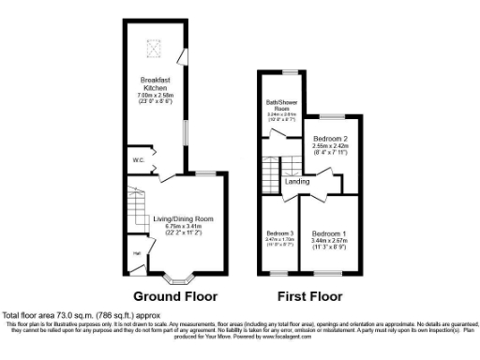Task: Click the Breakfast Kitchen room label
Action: (x=155, y=83)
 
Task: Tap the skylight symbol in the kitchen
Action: (x=157, y=44)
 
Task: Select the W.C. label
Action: (x=138, y=160)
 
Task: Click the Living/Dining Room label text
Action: (x=178, y=219)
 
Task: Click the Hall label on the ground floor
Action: (x=137, y=253)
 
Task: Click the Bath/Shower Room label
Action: (x=281, y=106)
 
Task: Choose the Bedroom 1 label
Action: (x=329, y=232)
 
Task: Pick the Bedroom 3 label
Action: (x=279, y=232)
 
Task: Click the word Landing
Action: (x=310, y=181)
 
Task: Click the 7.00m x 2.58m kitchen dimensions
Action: (x=155, y=95)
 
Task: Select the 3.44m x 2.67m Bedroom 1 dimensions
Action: (x=329, y=240)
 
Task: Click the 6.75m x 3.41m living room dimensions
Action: (x=178, y=226)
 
